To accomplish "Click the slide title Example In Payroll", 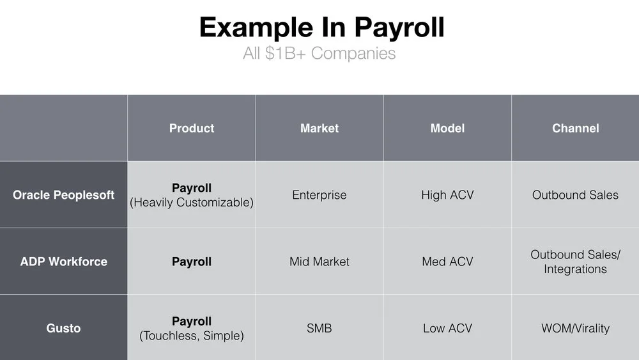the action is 321,27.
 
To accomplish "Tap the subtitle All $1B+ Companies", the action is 319,54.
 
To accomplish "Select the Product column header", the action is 192,129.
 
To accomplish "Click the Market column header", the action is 319,129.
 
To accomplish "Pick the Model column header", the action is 447,129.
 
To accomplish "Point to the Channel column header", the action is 576,129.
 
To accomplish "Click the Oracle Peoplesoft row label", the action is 63,195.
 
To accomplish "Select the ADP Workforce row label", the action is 63,262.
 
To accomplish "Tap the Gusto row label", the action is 63,328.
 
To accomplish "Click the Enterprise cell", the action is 319,195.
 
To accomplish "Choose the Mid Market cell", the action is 319,262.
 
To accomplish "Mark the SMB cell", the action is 319,328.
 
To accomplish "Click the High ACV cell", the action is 447,195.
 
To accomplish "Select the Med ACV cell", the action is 447,262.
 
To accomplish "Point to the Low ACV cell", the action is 447,328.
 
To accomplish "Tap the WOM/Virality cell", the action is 576,328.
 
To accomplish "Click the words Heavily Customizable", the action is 192,203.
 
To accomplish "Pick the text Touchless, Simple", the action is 192,336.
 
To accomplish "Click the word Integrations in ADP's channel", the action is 576,269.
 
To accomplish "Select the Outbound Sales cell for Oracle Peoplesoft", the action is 576,195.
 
